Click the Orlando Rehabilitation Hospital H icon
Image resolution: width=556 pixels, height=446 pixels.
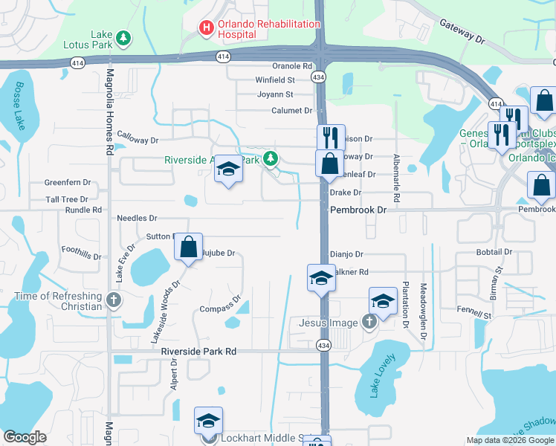[206, 28]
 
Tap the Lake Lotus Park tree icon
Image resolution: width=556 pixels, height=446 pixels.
[124, 38]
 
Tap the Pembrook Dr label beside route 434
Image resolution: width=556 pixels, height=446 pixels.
[359, 210]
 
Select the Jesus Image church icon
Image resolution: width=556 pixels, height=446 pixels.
[368, 323]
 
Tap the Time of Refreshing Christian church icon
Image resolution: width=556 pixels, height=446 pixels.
[113, 300]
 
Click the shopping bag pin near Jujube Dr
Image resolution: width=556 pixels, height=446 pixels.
[189, 246]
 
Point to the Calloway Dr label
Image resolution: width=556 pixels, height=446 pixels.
[138, 139]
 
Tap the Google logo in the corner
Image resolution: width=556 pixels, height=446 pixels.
[25, 437]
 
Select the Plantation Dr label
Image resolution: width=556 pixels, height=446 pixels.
[406, 303]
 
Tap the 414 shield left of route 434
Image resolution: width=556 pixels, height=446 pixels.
[224, 56]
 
